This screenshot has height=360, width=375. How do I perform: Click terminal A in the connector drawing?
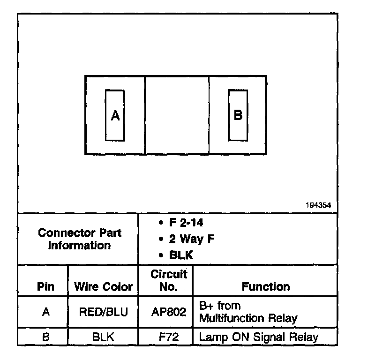[115, 115]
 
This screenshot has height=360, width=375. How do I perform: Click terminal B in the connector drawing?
[238, 115]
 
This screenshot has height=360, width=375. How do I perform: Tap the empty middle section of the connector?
[177, 115]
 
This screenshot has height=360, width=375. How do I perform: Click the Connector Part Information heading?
[79, 239]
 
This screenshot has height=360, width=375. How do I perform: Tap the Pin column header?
[45, 286]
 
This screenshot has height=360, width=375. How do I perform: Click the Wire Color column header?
[104, 286]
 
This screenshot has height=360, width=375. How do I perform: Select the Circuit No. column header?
[168, 280]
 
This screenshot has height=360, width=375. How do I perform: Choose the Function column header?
[265, 286]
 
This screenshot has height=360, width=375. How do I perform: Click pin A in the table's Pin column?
[45, 312]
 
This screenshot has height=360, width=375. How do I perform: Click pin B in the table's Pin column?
[45, 337]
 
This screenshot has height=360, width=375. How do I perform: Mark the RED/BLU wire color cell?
[104, 312]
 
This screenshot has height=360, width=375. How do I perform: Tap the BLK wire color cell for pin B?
[104, 337]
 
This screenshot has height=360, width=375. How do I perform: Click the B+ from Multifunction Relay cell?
[248, 312]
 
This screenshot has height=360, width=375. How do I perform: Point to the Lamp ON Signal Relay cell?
[259, 337]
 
